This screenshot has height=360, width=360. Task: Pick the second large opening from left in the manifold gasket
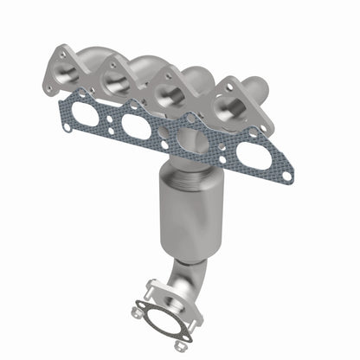pyautogui.click(x=137, y=125)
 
